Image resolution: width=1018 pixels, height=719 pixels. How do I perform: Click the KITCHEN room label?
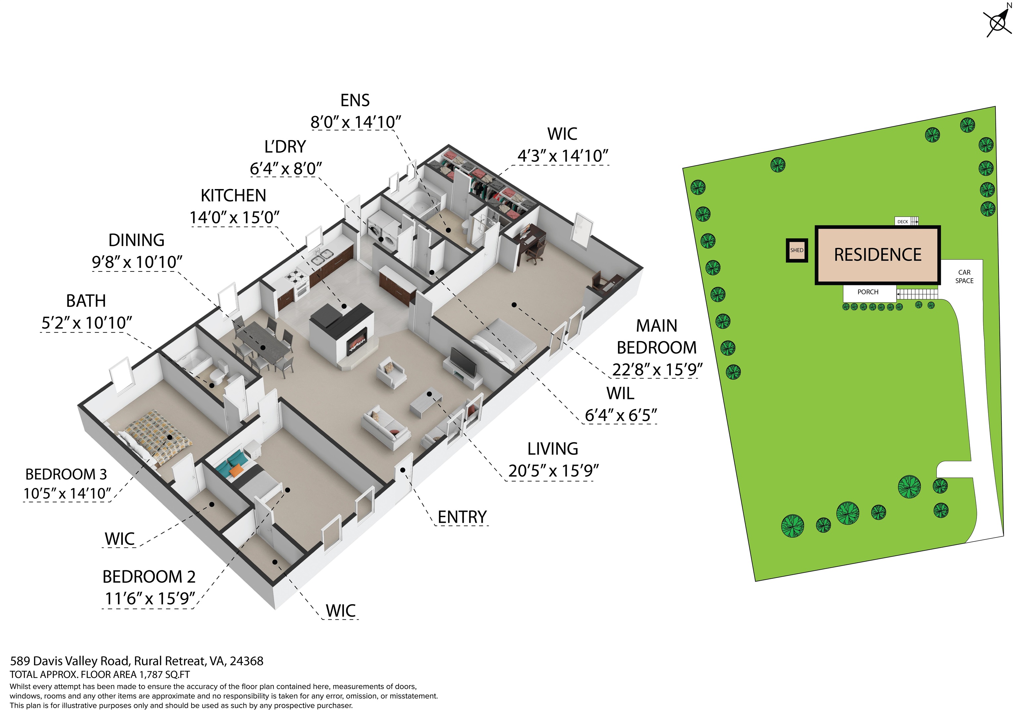[233, 195]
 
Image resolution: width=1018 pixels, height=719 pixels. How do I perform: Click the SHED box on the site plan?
[797, 250]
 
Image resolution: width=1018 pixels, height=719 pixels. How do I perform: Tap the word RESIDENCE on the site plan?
[877, 255]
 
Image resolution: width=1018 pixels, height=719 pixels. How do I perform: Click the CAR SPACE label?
[964, 276]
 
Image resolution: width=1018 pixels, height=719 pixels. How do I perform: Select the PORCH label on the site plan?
[868, 292]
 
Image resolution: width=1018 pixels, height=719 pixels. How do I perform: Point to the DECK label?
[903, 221]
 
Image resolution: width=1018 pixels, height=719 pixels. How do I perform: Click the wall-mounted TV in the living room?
[463, 361]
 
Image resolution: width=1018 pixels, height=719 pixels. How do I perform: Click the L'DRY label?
[285, 147]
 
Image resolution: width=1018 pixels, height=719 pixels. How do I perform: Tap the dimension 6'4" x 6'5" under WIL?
[621, 415]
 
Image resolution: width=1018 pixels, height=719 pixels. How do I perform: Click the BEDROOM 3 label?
[66, 474]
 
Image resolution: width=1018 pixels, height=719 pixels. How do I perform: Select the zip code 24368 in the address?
[247, 661]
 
